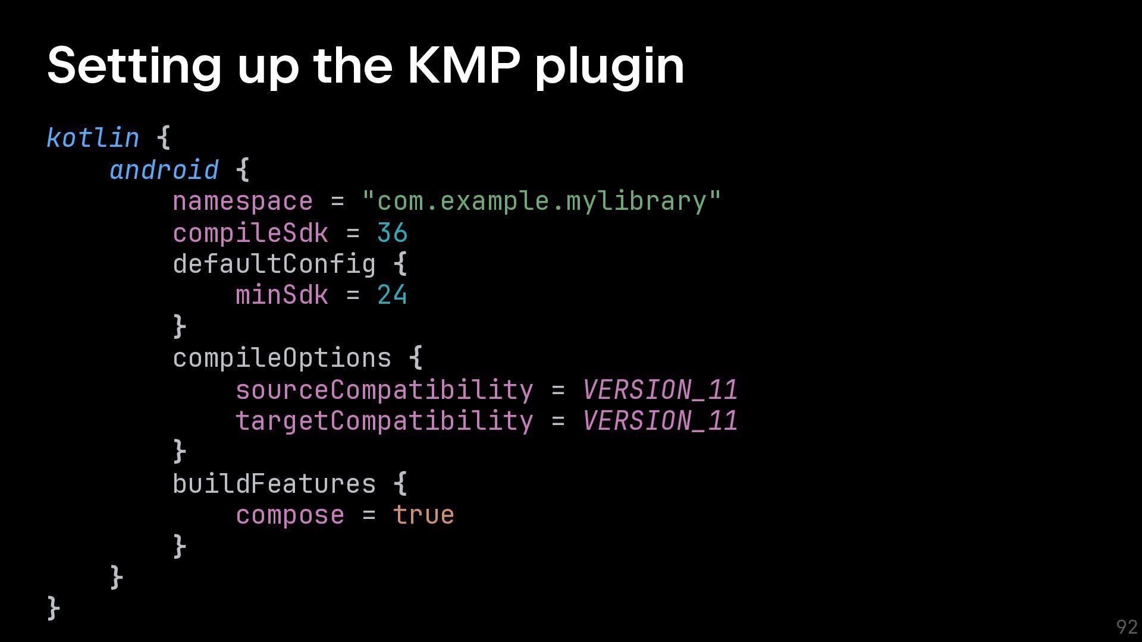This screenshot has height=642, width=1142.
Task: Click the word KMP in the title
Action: tap(464, 65)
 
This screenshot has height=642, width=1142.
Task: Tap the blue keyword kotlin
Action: tap(93, 138)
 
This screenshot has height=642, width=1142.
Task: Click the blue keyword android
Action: tap(164, 170)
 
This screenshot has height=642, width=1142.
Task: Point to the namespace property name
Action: tap(243, 202)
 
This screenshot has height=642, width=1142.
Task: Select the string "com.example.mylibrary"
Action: tap(541, 201)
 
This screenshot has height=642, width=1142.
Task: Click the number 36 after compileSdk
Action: tap(392, 233)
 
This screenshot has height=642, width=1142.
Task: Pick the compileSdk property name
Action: tap(250, 233)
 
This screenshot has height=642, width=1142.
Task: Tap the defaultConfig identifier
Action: tap(274, 264)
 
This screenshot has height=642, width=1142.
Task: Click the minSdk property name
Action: tap(282, 295)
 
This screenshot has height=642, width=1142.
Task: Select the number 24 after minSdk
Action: tap(392, 295)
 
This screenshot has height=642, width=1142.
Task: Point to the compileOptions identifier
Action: tap(282, 358)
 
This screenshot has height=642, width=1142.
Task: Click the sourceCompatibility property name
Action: tap(384, 390)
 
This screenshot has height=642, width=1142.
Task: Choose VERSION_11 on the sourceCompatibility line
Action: tap(660, 390)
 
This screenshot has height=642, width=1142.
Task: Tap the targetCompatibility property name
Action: tap(384, 421)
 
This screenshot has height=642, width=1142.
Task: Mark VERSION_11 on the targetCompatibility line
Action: tap(660, 421)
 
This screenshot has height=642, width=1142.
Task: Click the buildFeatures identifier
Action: tap(274, 484)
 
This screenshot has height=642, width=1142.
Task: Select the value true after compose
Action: tap(423, 515)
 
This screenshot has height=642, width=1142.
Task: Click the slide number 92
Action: tap(1127, 627)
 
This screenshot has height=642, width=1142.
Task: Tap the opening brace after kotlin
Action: tap(164, 138)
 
